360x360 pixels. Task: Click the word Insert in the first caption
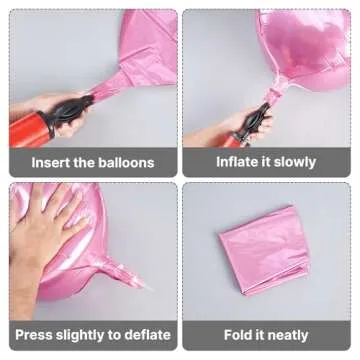[x=52, y=161]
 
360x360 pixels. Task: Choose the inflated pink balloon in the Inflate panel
[x=310, y=45]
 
